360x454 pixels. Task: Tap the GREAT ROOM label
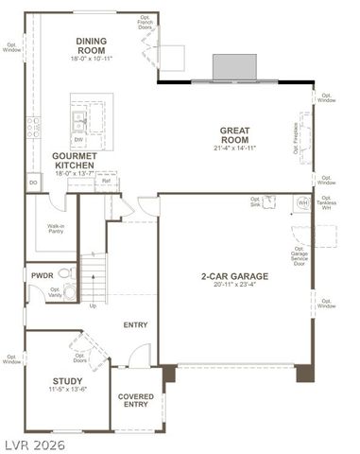[x=234, y=136]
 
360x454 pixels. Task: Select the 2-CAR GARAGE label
[x=234, y=277]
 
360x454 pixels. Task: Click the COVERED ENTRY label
[x=134, y=400]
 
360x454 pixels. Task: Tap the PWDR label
[x=41, y=276]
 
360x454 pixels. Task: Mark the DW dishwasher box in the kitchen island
[x=78, y=139]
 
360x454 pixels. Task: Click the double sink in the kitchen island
[x=79, y=119]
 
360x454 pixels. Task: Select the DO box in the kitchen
[x=33, y=183]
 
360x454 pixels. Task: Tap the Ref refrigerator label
[x=106, y=181]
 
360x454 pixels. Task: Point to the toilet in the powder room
[x=64, y=273]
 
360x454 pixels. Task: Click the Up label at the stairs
[x=93, y=306]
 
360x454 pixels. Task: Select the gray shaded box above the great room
[x=233, y=66]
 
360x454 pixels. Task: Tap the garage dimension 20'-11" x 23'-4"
[x=234, y=287]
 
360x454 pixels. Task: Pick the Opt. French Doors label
[x=145, y=23]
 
